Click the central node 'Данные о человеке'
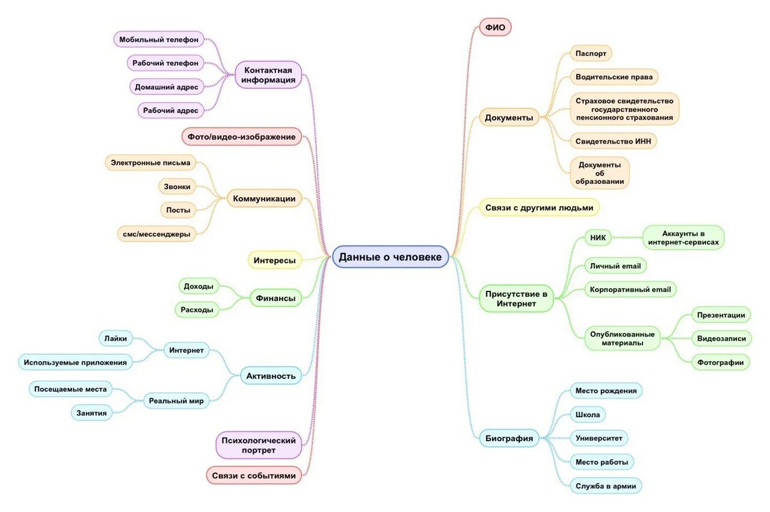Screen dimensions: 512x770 [390, 257]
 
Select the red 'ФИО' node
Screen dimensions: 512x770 [495, 27]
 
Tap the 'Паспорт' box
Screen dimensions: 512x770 [590, 53]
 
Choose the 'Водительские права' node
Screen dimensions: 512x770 [614, 77]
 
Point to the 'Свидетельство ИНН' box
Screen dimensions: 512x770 [613, 141]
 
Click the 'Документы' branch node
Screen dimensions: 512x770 [509, 118]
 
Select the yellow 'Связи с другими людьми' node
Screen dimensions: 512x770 [539, 208]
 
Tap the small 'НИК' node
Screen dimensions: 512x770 [597, 238]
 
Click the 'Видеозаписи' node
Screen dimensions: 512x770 [721, 338]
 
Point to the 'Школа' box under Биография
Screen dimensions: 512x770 [588, 415]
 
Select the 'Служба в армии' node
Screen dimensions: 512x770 [605, 486]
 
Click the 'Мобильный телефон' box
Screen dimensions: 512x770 [159, 40]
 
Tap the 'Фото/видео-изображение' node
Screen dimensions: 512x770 [241, 137]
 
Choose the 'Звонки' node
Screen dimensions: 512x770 [177, 186]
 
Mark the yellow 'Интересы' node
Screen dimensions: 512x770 [274, 260]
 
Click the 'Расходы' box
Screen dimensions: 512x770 [197, 310]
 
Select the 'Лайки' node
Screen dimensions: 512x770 [115, 338]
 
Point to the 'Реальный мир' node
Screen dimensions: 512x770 [176, 401]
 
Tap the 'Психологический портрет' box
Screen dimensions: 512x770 [259, 445]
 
